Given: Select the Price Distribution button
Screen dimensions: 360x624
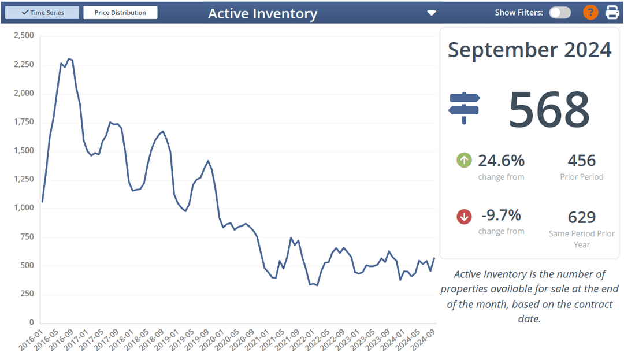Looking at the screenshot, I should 120,12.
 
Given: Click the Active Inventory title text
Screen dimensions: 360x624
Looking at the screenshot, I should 262,14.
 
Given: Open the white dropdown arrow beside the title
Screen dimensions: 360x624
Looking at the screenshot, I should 431,13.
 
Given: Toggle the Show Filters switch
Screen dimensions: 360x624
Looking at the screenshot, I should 559,13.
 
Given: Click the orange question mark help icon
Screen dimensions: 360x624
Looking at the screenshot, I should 590,12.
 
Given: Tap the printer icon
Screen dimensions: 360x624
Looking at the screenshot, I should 612,12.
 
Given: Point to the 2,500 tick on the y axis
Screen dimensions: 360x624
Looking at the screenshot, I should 24,36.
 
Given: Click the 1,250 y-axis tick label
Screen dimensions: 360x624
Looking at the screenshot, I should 24,180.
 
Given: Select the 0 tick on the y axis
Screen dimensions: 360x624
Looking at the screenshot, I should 32,323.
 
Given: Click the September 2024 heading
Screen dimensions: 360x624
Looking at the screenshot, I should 529,50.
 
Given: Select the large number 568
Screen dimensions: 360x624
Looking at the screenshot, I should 548,109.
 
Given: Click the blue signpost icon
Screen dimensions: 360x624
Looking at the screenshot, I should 464,108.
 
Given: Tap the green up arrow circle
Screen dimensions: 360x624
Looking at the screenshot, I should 464,160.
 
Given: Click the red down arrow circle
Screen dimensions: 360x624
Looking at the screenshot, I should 464,217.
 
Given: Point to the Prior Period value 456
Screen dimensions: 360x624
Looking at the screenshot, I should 581,160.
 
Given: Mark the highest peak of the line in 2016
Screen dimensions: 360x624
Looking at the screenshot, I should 68,58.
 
